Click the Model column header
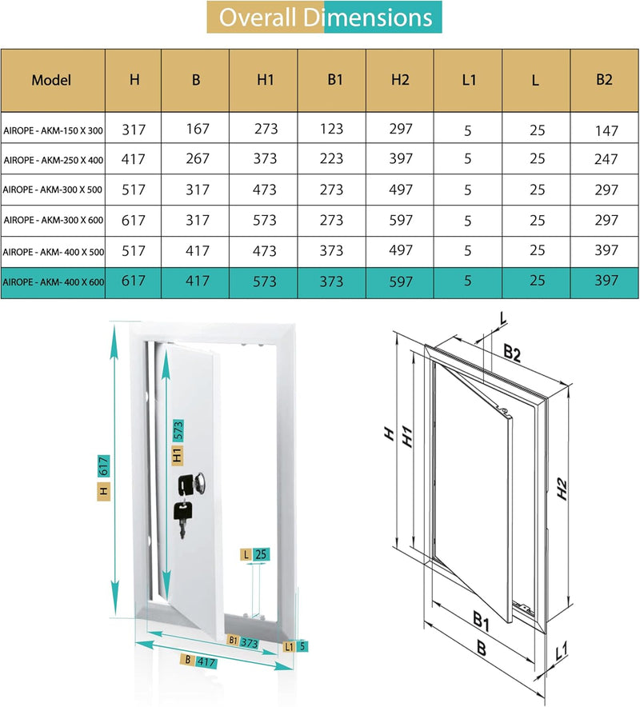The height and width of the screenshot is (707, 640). (x=52, y=80)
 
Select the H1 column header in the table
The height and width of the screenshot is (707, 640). (x=264, y=80)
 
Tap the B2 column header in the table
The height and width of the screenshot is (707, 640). (x=605, y=80)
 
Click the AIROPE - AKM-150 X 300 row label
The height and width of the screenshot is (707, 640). (x=53, y=129)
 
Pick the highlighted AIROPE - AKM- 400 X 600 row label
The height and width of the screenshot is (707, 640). (x=53, y=281)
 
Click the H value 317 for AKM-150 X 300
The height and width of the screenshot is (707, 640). (x=134, y=129)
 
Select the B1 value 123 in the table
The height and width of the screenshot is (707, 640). (x=332, y=129)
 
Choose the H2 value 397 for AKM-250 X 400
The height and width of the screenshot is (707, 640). (x=401, y=159)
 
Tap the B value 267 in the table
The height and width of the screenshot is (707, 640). (x=196, y=159)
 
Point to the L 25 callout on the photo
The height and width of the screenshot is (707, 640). (x=255, y=553)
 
